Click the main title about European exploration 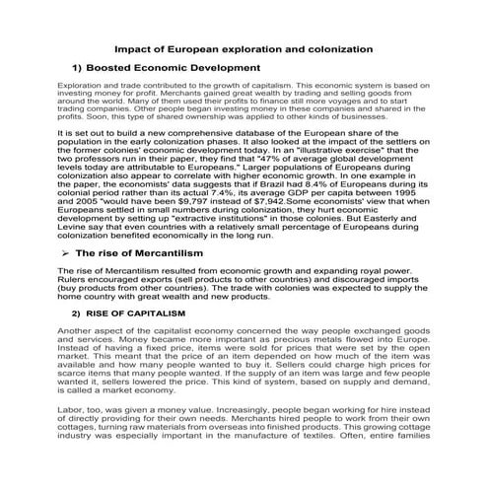coord(244,47)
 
